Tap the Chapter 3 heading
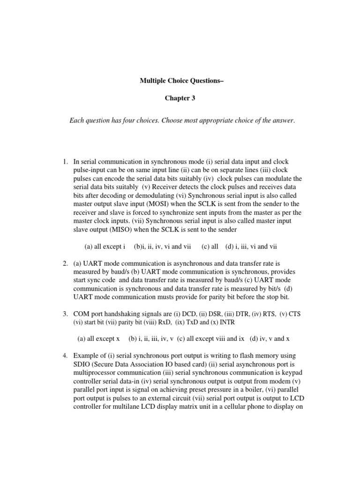tap(180, 99)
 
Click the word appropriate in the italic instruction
tap(217, 121)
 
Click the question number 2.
tap(65, 264)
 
